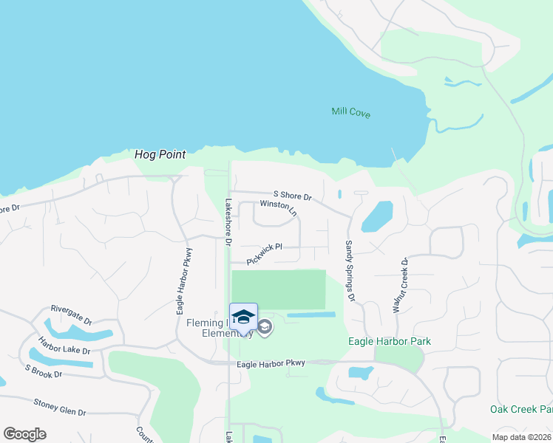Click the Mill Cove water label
[x=350, y=113]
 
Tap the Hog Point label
[x=160, y=155]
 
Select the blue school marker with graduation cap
[x=243, y=317]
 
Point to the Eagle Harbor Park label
[x=390, y=342]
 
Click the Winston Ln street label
[x=278, y=208]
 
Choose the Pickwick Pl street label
[x=265, y=255]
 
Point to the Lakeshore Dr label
[x=228, y=222]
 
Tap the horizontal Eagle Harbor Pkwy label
[x=271, y=364]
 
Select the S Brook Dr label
[x=44, y=371]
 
